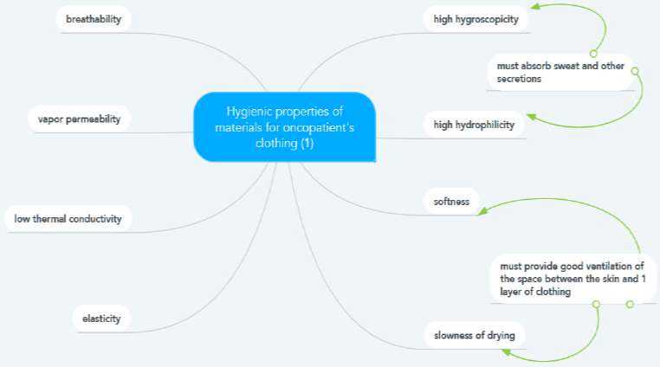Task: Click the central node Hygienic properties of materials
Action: point(284,127)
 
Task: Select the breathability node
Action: point(93,18)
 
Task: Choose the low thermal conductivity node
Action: point(68,219)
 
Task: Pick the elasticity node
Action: point(100,319)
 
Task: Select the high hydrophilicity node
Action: point(474,126)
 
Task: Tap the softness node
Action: point(451,202)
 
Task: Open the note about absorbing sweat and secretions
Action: point(560,72)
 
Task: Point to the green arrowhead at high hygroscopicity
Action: point(534,7)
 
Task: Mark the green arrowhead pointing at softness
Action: point(484,209)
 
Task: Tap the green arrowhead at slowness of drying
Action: point(507,352)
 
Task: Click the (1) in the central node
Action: point(307,144)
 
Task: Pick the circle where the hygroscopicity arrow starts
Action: point(593,53)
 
